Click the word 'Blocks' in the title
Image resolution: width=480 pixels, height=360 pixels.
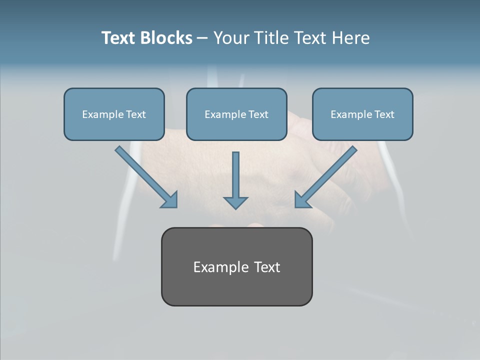tap(167, 38)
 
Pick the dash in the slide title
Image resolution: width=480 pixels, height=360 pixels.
tap(203, 38)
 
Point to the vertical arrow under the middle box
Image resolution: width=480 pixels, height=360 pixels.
tap(235, 175)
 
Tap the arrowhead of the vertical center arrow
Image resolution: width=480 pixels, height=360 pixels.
tap(235, 202)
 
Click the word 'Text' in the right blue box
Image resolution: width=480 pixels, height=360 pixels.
tap(384, 114)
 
